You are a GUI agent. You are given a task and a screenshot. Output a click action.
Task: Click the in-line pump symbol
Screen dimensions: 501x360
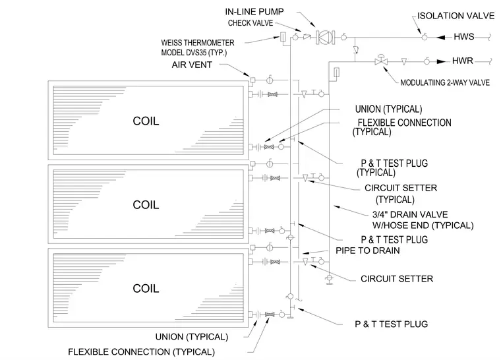click(x=325, y=38)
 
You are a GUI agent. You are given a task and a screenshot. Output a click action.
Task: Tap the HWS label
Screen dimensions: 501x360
click(x=464, y=37)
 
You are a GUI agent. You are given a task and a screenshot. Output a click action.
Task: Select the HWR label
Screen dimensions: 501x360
click(x=462, y=61)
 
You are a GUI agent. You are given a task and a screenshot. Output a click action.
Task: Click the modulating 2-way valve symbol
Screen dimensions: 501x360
click(x=381, y=60)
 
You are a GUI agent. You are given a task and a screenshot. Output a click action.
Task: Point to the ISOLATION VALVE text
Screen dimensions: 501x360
click(x=456, y=16)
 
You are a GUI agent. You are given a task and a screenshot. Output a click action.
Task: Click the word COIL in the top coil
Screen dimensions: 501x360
click(x=146, y=121)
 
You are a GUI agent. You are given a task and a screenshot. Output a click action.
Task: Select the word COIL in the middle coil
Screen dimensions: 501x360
click(x=146, y=205)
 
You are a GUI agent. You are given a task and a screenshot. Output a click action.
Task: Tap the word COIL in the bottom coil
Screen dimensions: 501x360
click(x=146, y=289)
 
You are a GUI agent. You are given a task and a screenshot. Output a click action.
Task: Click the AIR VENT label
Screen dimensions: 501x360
click(x=192, y=65)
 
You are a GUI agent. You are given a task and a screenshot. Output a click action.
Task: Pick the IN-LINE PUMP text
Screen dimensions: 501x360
click(x=254, y=12)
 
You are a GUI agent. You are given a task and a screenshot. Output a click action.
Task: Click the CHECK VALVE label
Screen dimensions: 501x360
click(x=250, y=23)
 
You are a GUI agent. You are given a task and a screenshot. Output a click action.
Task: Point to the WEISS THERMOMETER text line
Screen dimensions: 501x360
click(x=198, y=43)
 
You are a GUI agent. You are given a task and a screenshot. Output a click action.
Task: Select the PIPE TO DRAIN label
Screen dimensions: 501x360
click(x=367, y=251)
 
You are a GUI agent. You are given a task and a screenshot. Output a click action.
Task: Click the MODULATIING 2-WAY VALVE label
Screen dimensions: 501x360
click(x=445, y=83)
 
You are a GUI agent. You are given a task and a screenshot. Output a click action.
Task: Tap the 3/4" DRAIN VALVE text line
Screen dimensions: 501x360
click(x=410, y=214)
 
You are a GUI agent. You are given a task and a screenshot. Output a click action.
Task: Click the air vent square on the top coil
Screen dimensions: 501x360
click(x=252, y=80)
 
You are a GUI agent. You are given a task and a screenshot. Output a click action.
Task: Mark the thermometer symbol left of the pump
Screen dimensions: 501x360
click(x=283, y=37)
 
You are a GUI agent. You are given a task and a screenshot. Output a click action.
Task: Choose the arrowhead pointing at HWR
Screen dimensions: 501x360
click(x=441, y=61)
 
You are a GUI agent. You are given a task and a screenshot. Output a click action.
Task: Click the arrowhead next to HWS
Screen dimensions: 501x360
click(x=441, y=38)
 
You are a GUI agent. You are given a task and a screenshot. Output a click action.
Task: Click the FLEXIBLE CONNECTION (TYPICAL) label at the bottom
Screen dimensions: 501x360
click(x=141, y=352)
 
